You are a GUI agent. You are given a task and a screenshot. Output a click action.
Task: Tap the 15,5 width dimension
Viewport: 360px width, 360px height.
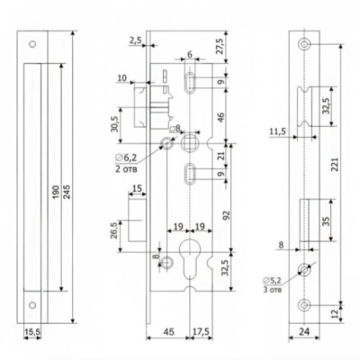coord(32,331)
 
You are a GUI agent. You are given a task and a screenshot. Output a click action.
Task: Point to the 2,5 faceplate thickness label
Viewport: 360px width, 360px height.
coord(135,40)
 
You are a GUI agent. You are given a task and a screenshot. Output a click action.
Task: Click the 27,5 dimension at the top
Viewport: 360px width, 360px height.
coord(220,46)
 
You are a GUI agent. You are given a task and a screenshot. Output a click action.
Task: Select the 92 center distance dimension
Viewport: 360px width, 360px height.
coord(227,215)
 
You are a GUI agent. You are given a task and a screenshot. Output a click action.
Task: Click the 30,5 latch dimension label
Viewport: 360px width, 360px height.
coord(115,124)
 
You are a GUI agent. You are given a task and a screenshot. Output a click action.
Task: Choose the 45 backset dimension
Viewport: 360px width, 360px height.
coord(168,332)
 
